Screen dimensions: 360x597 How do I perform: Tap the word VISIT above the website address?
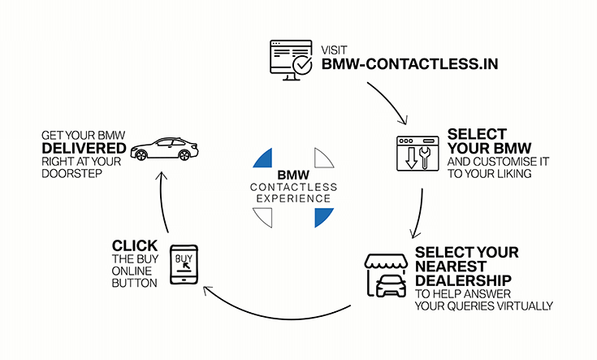334,48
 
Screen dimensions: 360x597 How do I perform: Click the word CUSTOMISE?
501,162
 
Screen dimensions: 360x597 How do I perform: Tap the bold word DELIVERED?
84,148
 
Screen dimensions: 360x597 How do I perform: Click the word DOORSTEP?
76,173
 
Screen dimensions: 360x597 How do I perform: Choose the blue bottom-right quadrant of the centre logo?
322,216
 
